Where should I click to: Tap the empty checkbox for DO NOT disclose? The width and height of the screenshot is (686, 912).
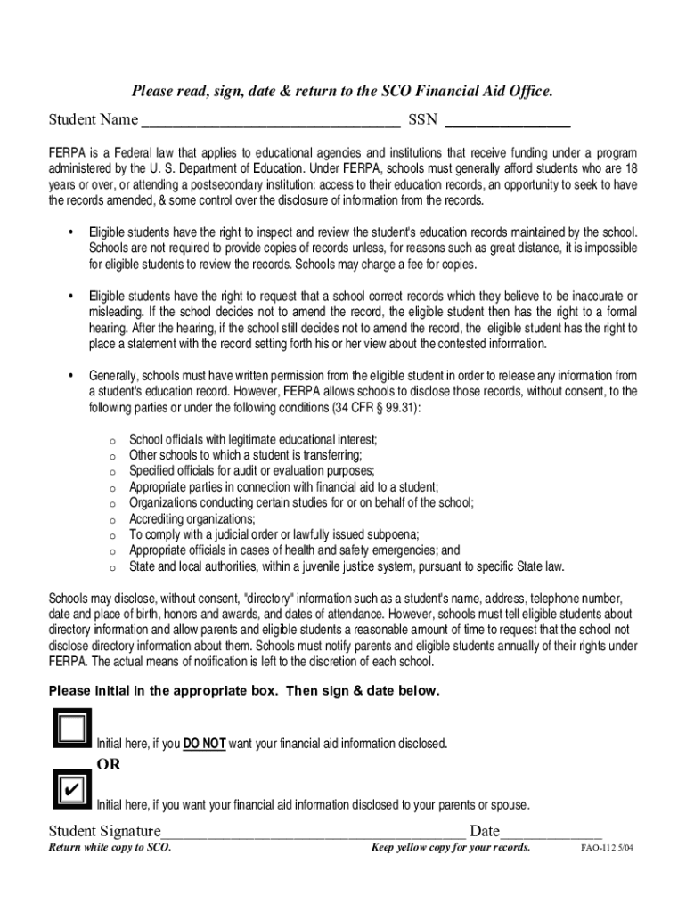point(71,729)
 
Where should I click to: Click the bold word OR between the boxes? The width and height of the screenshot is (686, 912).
point(109,764)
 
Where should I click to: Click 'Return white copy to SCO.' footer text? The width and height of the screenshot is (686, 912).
point(110,847)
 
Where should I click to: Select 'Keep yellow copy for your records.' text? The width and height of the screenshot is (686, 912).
point(451,847)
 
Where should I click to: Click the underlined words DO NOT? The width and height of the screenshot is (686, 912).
point(204,744)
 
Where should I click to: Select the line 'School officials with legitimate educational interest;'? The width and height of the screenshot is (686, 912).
point(253,439)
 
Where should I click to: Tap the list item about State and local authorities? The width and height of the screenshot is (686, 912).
point(347,566)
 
